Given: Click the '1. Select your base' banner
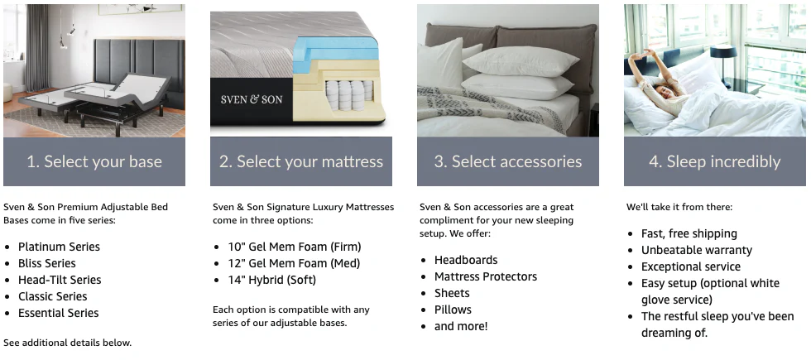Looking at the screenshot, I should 94,161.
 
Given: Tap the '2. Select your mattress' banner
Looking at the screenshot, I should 301,161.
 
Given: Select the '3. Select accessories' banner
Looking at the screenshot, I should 508,161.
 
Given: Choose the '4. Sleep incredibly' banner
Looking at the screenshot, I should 715,161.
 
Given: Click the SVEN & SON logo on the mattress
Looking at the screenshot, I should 252,99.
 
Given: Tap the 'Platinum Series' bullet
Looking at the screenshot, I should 59,247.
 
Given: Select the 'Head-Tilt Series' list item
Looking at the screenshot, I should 60,280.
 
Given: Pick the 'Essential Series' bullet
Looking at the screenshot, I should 58,313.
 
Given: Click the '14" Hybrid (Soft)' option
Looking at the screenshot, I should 272,280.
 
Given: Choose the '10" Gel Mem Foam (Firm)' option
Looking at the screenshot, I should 295,247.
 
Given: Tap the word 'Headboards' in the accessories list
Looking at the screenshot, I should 466,260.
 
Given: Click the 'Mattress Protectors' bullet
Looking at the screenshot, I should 486,276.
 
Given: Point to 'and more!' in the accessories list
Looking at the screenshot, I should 461,326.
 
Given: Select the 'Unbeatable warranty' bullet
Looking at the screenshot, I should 697,250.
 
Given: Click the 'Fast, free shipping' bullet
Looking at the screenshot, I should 689,233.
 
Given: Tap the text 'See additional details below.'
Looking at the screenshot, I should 67,343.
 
